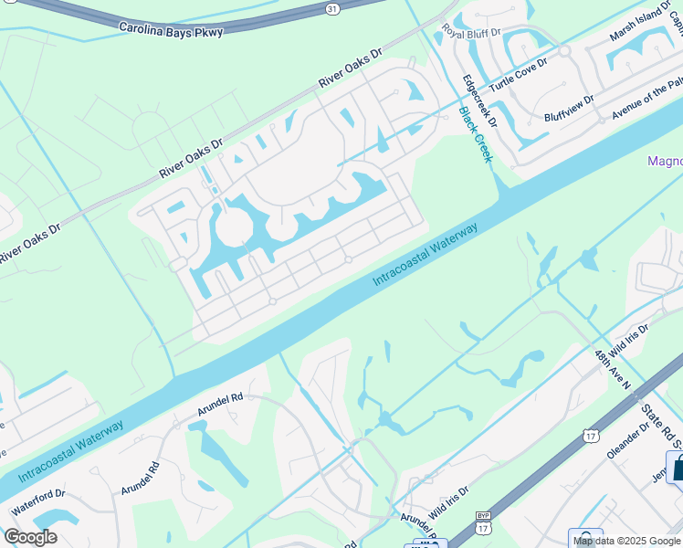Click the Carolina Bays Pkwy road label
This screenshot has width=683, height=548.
171,28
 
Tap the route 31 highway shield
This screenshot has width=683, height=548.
333,8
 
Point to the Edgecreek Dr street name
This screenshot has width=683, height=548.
478,100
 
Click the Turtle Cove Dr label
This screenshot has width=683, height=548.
518,75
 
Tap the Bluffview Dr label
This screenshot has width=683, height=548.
569,108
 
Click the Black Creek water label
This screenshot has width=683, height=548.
475,134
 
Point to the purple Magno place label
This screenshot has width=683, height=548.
665,162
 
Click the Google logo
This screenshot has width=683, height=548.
30,537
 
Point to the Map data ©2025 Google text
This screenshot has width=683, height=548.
626,541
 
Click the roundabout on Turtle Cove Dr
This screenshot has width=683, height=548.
564,50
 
